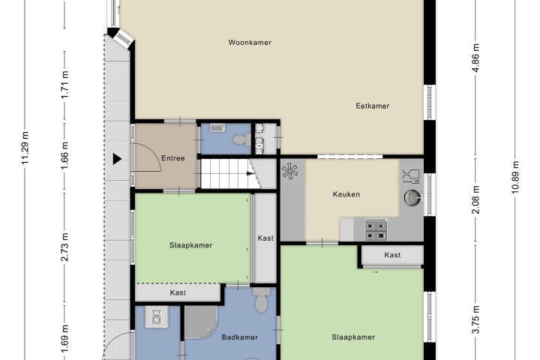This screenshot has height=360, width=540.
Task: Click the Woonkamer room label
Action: (250, 42)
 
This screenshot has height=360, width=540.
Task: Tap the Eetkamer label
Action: (372, 106)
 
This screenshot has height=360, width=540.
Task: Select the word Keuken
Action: (346, 194)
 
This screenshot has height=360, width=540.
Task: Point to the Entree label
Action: (173, 158)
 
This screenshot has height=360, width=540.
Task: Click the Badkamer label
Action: (240, 337)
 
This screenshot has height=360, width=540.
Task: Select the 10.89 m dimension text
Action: (514, 177)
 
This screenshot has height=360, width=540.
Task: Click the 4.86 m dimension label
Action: (475, 58)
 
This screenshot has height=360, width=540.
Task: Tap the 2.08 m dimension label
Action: (475, 199)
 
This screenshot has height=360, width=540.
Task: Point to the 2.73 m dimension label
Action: (64, 247)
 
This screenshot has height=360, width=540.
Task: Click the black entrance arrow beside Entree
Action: (117, 159)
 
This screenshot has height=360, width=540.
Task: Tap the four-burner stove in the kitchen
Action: (376, 229)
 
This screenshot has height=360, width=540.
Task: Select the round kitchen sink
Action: (412, 198)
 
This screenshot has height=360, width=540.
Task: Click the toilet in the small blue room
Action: (242, 139)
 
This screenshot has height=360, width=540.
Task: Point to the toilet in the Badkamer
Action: (262, 300)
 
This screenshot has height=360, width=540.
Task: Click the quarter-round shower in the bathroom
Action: (200, 322)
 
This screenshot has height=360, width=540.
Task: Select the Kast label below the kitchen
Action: (392, 255)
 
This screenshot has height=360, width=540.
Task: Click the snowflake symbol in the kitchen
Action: (290, 170)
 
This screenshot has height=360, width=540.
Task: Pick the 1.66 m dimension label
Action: (64, 155)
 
